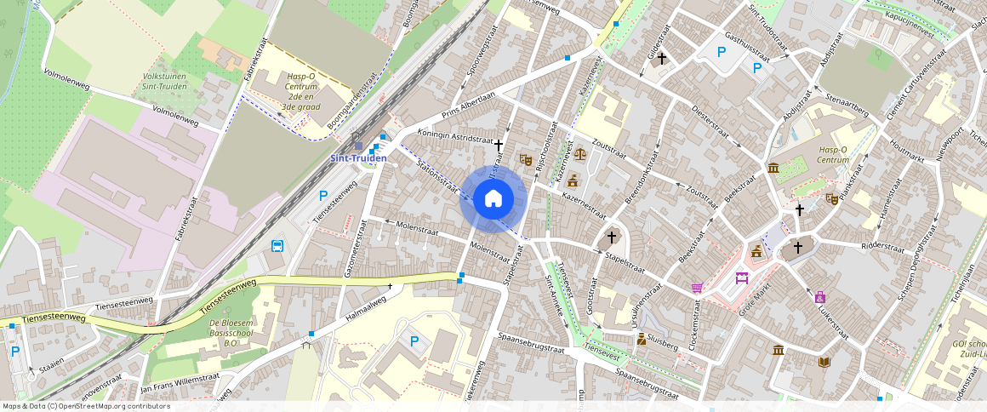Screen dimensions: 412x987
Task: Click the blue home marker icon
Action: pyautogui.click(x=493, y=199)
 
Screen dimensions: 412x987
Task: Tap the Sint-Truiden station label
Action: pyautogui.click(x=358, y=158)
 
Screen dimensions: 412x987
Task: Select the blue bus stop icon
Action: pyautogui.click(x=277, y=247)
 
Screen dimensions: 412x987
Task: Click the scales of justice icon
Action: pyautogui.click(x=581, y=155)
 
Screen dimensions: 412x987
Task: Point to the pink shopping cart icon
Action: pyautogui.click(x=698, y=288)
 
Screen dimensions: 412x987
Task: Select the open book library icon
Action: pyautogui.click(x=824, y=362)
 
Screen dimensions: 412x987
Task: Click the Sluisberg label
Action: pyautogui.click(x=664, y=343)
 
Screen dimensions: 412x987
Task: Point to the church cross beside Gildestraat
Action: pyautogui.click(x=660, y=58)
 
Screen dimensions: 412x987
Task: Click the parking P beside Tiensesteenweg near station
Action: pyautogui.click(x=323, y=196)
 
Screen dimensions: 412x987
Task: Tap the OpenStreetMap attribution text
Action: pyautogui.click(x=86, y=406)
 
